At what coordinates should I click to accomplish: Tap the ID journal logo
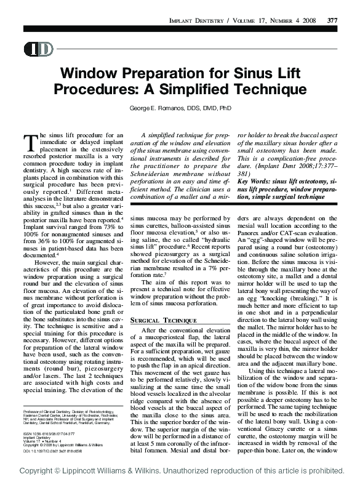38,49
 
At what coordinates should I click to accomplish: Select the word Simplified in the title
201,90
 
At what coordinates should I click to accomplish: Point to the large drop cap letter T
30,142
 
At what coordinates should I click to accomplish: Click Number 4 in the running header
282,21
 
